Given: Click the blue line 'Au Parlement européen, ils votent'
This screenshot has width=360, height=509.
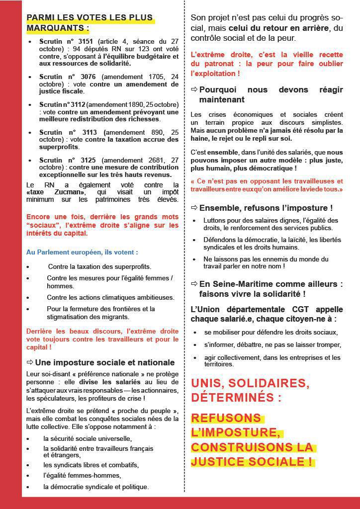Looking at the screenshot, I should (x=82, y=252).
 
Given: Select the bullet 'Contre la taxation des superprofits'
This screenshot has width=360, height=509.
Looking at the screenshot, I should (x=99, y=267).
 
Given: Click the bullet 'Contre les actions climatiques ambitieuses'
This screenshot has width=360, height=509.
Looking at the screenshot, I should (x=110, y=297).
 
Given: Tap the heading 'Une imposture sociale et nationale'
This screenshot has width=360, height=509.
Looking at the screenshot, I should (x=104, y=362).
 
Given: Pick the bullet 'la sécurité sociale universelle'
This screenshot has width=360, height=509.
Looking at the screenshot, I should (x=88, y=438).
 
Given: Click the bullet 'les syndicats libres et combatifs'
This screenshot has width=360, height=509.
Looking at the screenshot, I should (x=90, y=465).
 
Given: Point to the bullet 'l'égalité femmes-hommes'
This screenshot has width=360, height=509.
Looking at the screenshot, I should (x=82, y=476).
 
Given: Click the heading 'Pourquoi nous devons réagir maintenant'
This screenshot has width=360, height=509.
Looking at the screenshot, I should (x=271, y=94).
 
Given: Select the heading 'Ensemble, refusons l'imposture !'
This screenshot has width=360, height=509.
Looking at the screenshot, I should (x=266, y=208).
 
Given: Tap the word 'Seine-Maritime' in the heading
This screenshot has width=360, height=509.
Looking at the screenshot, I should (x=237, y=284).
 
